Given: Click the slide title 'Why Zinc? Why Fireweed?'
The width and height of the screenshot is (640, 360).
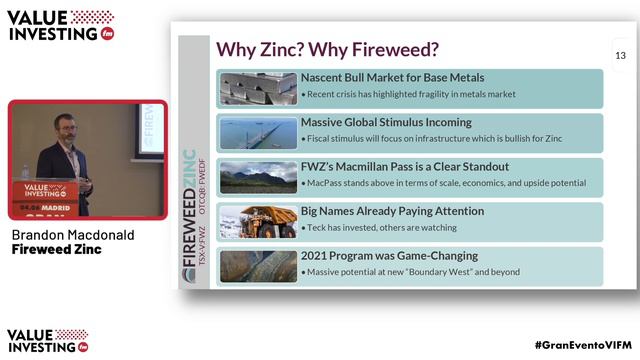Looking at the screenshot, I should tap(328, 50).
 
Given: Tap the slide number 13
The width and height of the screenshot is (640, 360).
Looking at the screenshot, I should tap(620, 55).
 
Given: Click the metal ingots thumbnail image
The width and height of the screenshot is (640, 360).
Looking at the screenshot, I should tap(256, 88).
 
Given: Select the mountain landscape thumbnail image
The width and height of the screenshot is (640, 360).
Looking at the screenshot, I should tap(256, 177).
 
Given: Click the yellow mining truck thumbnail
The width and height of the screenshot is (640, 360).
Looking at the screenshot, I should tap(256, 222).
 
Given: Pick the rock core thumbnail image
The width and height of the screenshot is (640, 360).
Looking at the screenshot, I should tap(256, 266).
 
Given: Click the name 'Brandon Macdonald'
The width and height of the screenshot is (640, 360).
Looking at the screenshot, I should tap(72, 234).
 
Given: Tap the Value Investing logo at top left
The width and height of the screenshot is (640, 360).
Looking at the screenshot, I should tap(61, 25).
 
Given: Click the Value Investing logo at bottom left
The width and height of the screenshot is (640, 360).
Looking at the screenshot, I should tap(48, 340).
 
